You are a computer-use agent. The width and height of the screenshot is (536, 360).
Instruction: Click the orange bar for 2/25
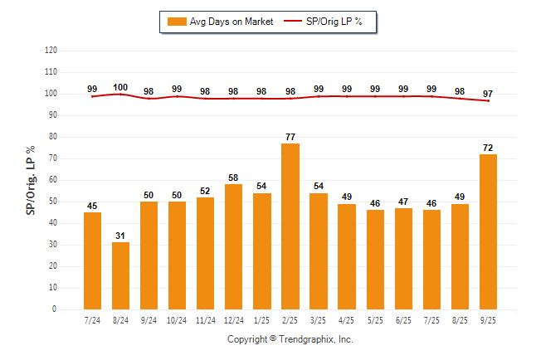pos(290,226)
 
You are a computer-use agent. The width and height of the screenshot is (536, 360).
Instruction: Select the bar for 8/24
pos(121,275)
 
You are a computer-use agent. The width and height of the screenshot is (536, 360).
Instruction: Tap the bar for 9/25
pos(488,231)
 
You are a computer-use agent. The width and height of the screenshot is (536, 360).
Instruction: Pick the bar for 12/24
pos(234,246)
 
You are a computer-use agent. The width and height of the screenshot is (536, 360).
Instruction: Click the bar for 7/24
pos(93,260)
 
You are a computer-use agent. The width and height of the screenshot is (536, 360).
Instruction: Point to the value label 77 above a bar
pos(290,137)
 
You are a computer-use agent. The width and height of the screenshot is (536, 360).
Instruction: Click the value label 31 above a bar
pos(121,236)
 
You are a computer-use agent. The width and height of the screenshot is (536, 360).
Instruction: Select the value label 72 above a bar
pos(488,148)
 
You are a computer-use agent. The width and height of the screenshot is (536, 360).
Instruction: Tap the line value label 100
pos(121,88)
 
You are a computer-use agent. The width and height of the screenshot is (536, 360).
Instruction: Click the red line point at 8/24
pos(121,95)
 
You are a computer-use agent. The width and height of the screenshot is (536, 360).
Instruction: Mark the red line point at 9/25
pos(488,101)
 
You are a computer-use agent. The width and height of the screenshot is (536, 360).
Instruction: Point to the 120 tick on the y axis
pos(51,51)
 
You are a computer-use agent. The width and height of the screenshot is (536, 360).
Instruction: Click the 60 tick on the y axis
pos(53,180)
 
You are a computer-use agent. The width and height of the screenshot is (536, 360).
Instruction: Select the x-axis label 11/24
pos(206,321)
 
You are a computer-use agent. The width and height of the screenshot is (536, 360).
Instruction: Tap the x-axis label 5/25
pos(375,321)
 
